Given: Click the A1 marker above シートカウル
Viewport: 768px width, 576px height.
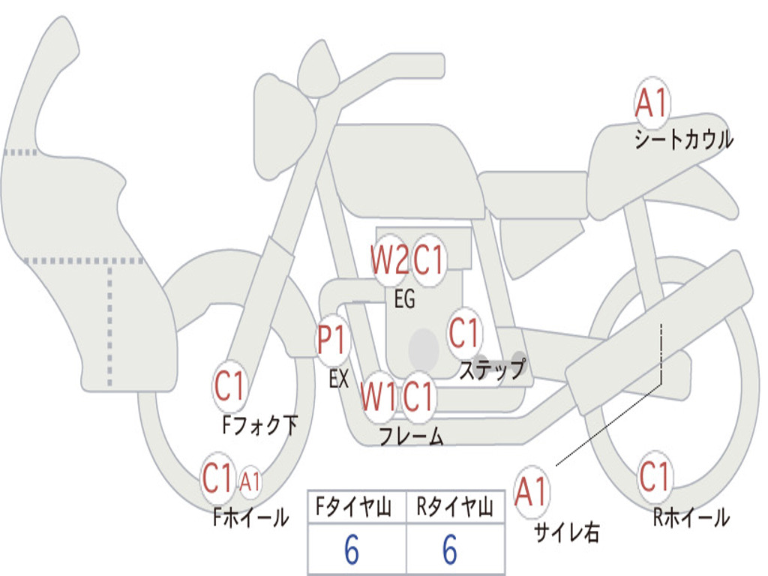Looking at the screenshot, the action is click(652, 102).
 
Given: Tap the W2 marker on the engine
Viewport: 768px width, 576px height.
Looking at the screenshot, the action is click(389, 259).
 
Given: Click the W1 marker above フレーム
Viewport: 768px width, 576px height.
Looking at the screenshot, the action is click(379, 396).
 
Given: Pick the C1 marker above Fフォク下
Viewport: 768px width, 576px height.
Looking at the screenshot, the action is click(229, 385).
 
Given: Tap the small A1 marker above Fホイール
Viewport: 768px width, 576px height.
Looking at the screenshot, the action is click(250, 481).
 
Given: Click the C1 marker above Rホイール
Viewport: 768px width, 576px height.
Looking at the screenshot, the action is click(654, 476).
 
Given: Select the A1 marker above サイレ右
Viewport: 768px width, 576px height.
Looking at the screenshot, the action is click(532, 491).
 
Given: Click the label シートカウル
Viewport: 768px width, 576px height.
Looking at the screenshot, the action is click(684, 139).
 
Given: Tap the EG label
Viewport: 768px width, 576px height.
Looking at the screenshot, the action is click(404, 298).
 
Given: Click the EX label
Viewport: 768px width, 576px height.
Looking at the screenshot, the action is click(338, 379).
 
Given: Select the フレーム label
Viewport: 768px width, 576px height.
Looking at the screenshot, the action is click(412, 436).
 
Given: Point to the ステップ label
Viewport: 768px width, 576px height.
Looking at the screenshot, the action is click(492, 369).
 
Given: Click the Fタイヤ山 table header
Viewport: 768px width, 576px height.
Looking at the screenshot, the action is click(353, 506).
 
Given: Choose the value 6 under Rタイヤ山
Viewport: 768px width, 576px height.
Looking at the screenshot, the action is click(450, 549).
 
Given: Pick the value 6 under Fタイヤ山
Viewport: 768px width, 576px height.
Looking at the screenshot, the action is click(352, 549).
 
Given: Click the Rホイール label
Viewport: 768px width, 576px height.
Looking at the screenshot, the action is click(691, 517).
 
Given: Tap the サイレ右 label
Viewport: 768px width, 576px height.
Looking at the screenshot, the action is click(567, 532).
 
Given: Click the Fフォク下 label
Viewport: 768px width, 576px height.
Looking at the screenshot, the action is click(260, 424).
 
